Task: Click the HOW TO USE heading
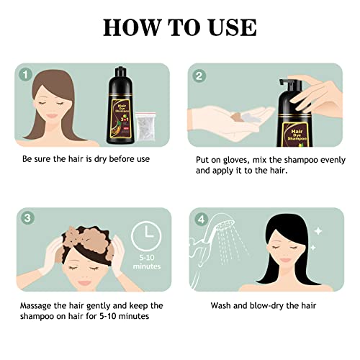click(x=179, y=27)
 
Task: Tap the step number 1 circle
click(x=27, y=74)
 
